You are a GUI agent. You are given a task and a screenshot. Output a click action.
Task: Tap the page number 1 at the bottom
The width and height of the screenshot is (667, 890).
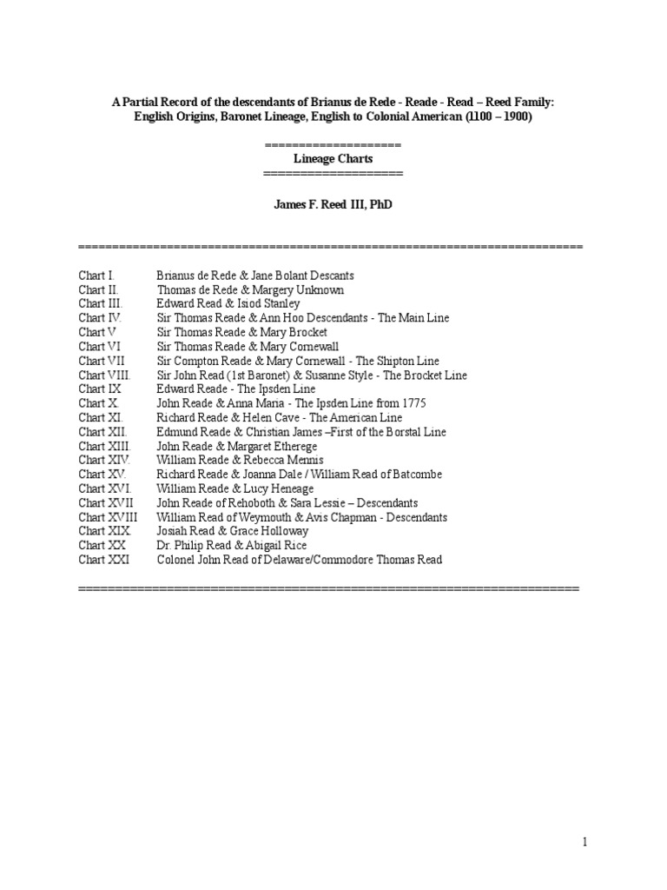[x=585, y=841]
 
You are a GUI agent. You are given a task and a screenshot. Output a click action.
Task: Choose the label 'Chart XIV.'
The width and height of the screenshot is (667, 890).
[x=103, y=460]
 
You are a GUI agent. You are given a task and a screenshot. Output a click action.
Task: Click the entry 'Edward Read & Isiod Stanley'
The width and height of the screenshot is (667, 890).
[x=228, y=303]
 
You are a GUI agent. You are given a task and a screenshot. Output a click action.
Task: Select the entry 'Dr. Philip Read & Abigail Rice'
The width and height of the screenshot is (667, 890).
[x=232, y=545]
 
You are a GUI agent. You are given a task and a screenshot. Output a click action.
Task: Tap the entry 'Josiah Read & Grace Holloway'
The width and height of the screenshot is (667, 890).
[x=232, y=531]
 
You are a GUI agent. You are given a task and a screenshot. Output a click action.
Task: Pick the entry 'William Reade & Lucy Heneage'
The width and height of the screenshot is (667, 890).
[x=235, y=488]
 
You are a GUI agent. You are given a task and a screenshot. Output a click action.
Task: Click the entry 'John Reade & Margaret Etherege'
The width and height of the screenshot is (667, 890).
[x=237, y=446]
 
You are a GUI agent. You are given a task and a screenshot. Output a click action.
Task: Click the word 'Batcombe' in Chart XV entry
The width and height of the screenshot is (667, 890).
[x=417, y=475]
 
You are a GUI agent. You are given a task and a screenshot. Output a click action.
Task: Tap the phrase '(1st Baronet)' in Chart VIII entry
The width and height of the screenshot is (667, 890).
[x=246, y=375]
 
